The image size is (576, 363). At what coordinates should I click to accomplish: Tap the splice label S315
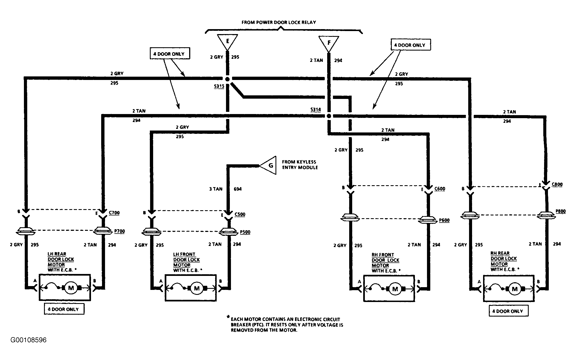tap(219, 86)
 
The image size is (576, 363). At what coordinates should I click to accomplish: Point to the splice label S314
tap(316, 110)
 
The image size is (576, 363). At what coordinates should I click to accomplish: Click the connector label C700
tap(114, 212)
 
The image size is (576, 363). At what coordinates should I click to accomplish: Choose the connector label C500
tap(240, 214)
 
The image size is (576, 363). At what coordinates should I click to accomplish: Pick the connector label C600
tap(440, 189)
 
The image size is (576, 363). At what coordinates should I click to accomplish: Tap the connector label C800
tap(557, 184)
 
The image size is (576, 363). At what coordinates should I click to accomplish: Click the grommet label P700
tap(120, 231)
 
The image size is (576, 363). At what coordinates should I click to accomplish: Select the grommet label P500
tap(245, 232)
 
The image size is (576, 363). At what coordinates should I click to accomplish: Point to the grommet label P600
tap(444, 220)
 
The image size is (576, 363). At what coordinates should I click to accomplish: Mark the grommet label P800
tap(561, 211)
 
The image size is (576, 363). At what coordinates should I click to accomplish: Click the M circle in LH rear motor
tap(71, 288)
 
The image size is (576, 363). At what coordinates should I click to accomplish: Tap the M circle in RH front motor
tap(395, 289)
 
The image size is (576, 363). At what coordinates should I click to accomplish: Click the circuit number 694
tap(238, 189)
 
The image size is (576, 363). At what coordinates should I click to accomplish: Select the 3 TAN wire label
tap(216, 189)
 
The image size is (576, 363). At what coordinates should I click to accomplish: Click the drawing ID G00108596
tap(29, 340)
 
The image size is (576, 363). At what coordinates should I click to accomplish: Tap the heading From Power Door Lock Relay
tap(279, 22)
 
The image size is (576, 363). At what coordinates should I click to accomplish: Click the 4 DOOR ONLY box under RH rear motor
tap(509, 311)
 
